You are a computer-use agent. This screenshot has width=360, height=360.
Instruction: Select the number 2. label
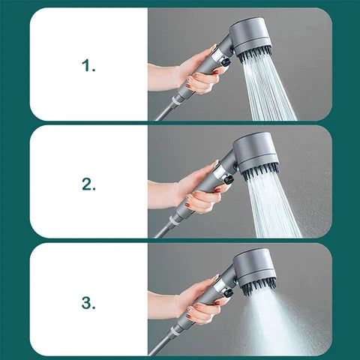(x=88, y=184)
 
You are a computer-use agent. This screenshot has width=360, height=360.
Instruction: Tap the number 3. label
(x=88, y=302)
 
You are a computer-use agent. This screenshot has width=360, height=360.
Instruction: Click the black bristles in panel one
(x=255, y=54)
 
